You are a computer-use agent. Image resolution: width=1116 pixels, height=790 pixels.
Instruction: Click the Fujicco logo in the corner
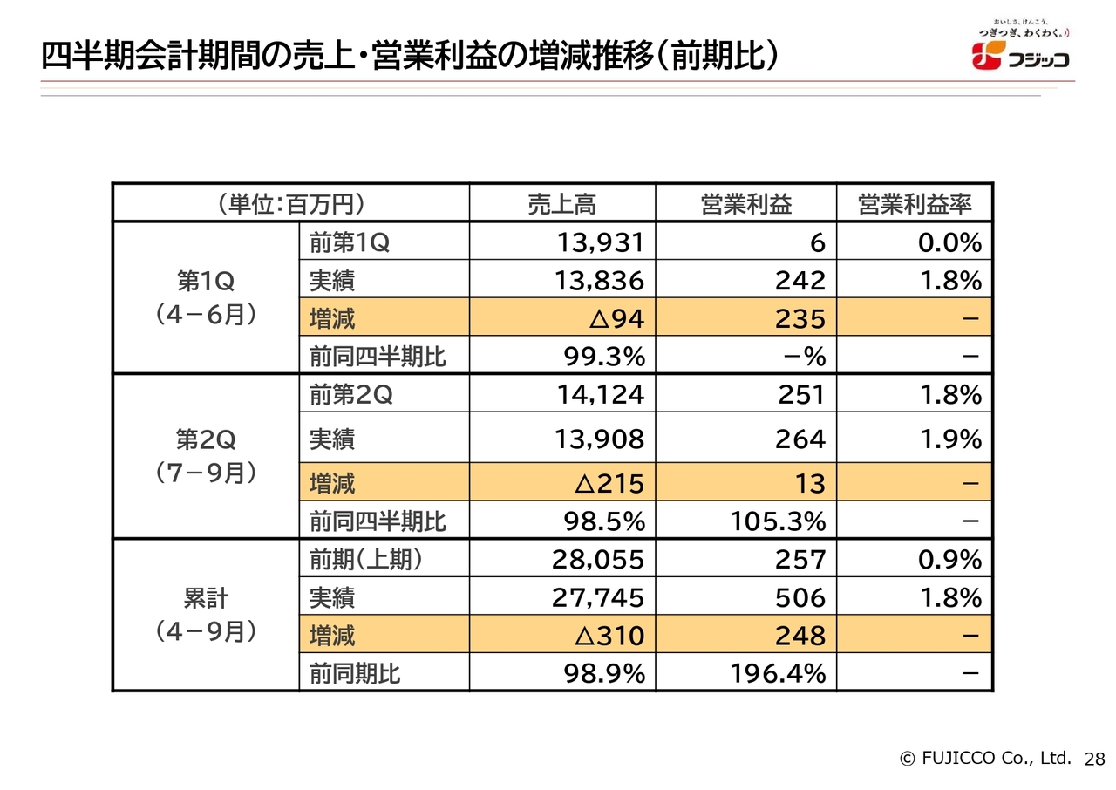tap(1020, 50)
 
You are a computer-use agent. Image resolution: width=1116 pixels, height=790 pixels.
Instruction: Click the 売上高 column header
tap(561, 204)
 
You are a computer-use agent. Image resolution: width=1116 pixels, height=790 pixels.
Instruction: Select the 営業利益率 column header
tap(914, 204)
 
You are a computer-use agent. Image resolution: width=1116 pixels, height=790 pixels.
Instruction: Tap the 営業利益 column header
tap(745, 204)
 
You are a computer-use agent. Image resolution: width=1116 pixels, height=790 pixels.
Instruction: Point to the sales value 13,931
tap(600, 242)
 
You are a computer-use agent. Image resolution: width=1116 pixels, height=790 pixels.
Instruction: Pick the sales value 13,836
tap(600, 281)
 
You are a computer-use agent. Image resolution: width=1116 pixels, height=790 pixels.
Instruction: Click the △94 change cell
tap(616, 319)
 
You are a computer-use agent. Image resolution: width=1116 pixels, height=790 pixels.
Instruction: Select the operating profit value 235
tap(800, 319)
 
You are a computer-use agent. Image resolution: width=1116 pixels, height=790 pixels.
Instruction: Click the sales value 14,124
tap(600, 395)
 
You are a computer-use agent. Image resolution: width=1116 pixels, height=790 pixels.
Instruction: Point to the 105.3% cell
tap(777, 521)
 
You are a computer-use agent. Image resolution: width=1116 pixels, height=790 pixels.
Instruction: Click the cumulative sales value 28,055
tap(598, 559)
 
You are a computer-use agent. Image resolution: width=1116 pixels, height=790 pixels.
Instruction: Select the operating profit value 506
tap(800, 597)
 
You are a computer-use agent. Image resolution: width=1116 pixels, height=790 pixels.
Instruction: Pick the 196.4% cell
tap(777, 673)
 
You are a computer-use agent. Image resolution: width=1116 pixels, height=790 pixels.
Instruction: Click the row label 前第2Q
tap(350, 395)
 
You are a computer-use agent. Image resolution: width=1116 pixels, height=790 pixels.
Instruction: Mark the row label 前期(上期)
tap(366, 559)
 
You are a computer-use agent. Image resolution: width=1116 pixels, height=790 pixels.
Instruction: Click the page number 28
tap(1094, 759)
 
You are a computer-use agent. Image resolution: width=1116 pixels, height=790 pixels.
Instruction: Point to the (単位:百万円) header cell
tap(290, 204)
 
